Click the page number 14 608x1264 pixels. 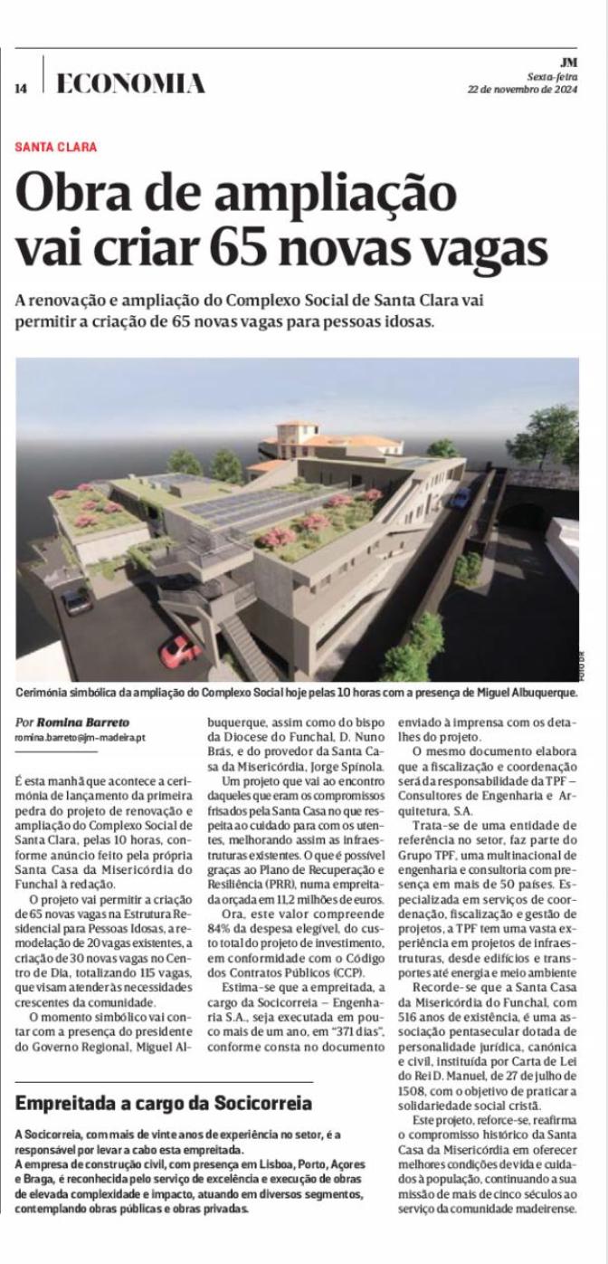21,88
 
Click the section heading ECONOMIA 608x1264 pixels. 130,85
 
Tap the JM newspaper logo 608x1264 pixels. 568,62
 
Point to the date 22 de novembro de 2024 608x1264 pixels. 522,90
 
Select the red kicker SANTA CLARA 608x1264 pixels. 56,147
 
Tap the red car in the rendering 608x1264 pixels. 180,648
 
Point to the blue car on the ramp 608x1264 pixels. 461,497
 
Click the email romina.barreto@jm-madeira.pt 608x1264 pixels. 81,738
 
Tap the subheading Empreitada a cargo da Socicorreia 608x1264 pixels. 164,1103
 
